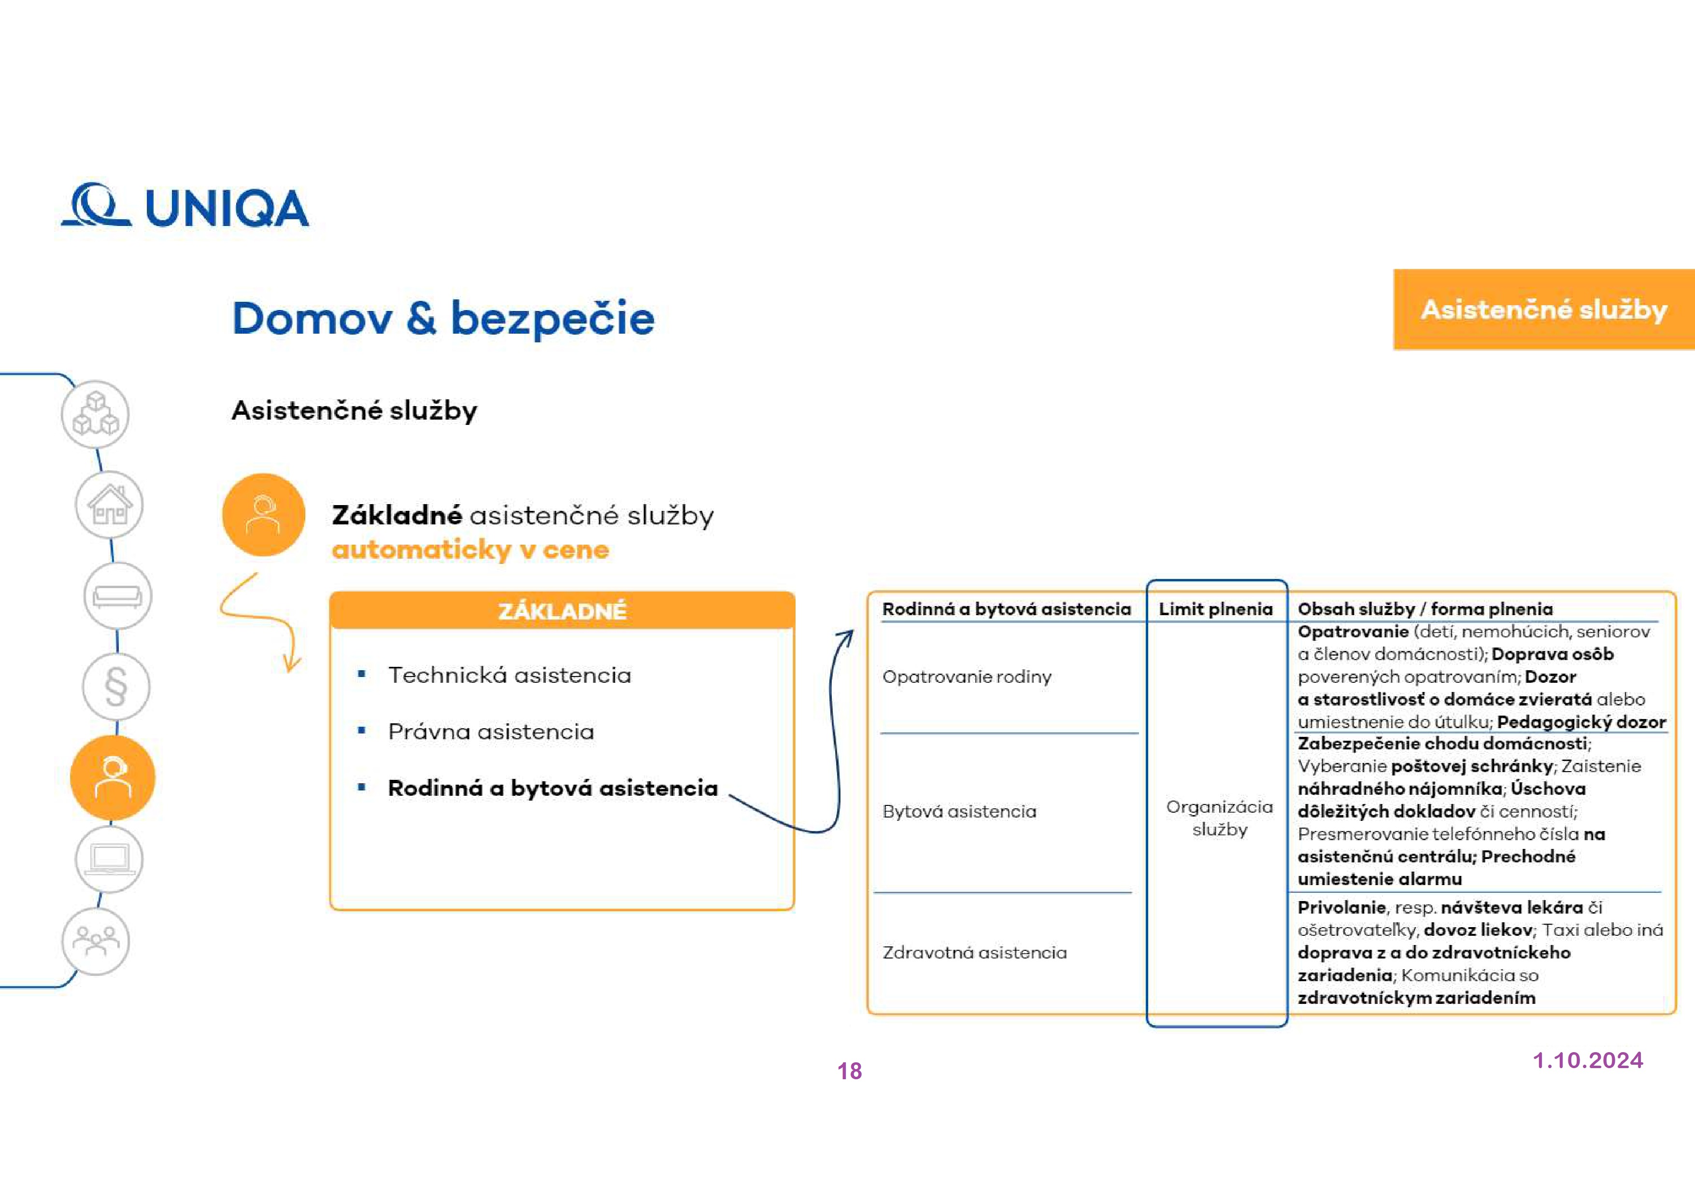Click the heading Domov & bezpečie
click(443, 318)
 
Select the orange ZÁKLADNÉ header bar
click(562, 610)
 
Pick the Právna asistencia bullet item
click(491, 732)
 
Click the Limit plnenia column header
click(1215, 609)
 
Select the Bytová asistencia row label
click(959, 811)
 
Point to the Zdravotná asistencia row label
click(974, 952)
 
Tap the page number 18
click(849, 1071)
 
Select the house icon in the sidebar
click(109, 505)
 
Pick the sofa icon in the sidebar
click(117, 596)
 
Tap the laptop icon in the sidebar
click(109, 859)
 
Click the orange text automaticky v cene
click(470, 550)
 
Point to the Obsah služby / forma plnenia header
click(1425, 609)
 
